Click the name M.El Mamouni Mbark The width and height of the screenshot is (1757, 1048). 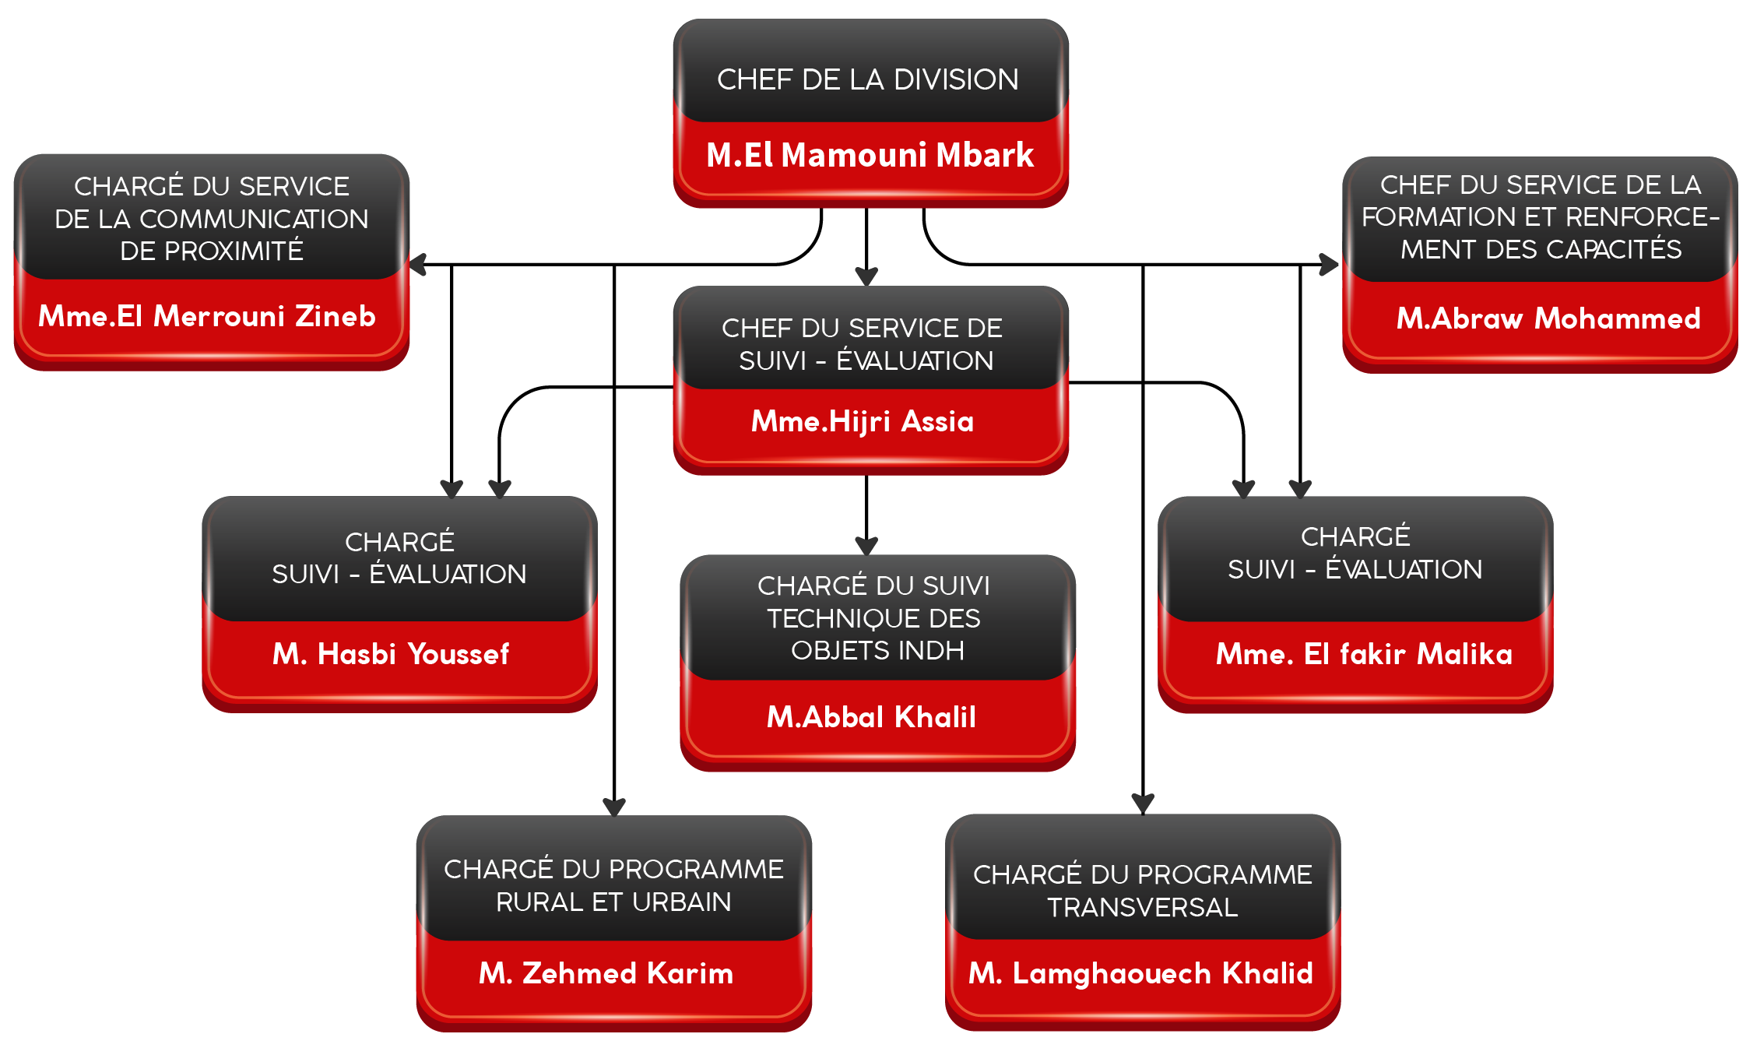(870, 155)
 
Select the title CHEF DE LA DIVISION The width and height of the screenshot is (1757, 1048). (867, 79)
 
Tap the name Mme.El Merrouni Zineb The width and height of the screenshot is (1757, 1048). (207, 316)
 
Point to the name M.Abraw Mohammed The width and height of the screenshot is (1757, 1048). (1548, 318)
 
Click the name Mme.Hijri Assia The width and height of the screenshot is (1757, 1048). (863, 421)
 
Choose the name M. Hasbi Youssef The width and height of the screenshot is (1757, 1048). (391, 654)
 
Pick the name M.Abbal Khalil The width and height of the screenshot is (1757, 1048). (871, 717)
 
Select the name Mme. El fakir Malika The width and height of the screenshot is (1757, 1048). (1364, 654)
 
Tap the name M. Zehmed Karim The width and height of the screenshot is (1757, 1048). (606, 973)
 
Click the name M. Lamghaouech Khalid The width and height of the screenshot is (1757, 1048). (1140, 973)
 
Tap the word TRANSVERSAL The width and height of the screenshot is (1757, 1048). (1142, 907)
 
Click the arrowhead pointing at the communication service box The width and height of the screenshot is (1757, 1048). (418, 265)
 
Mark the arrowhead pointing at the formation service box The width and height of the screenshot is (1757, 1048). (1330, 264)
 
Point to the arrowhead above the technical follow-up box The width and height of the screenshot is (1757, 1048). (866, 544)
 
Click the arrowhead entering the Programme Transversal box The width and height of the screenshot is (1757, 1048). (1143, 803)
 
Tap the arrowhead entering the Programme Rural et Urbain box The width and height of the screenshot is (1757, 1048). (614, 806)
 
